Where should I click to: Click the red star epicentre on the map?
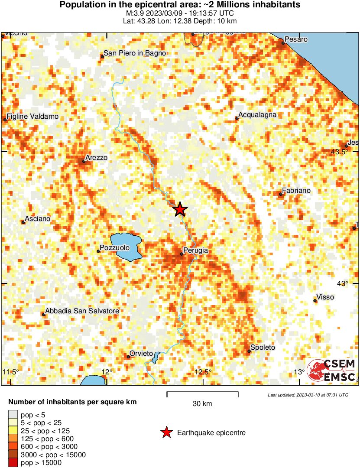click(x=180, y=209)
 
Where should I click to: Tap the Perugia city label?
click(x=196, y=250)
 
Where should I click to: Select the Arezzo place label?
click(x=96, y=158)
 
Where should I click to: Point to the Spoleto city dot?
click(x=249, y=351)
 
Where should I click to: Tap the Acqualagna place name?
click(x=257, y=115)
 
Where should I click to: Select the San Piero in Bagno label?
click(x=134, y=53)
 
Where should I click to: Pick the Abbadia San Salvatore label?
click(x=82, y=311)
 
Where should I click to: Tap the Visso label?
click(x=325, y=297)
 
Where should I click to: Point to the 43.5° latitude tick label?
click(x=339, y=152)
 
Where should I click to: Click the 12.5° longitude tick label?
click(x=203, y=372)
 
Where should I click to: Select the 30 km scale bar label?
click(x=202, y=404)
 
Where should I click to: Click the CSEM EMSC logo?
click(x=332, y=370)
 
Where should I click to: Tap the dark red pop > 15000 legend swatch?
click(x=13, y=463)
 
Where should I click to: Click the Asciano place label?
click(x=38, y=219)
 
